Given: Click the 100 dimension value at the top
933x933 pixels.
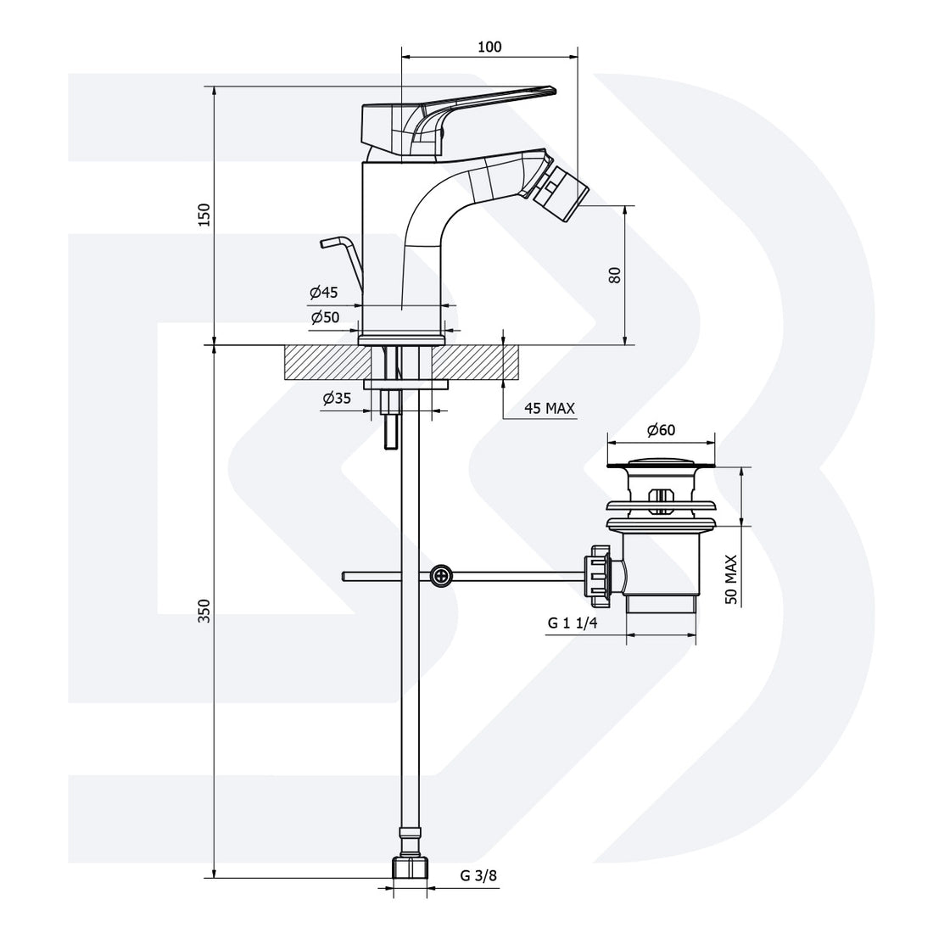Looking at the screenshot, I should click(x=489, y=47).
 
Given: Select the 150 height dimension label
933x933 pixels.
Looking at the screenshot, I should click(x=204, y=215).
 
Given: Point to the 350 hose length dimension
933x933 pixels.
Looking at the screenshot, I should click(x=204, y=611).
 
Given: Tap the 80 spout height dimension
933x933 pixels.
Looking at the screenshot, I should click(x=615, y=274).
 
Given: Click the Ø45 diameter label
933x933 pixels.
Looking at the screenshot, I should click(x=324, y=293).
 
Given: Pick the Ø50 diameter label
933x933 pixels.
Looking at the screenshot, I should click(x=325, y=317).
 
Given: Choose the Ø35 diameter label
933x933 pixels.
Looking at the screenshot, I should click(x=337, y=398).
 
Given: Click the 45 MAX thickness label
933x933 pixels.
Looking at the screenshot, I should click(x=549, y=408).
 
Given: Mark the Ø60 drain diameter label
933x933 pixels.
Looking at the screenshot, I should click(x=661, y=430).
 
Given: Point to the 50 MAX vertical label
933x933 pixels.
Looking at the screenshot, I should click(x=731, y=579).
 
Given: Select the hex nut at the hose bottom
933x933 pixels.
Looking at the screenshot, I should click(x=411, y=869).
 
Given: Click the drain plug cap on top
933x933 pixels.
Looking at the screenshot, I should click(x=660, y=463).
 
